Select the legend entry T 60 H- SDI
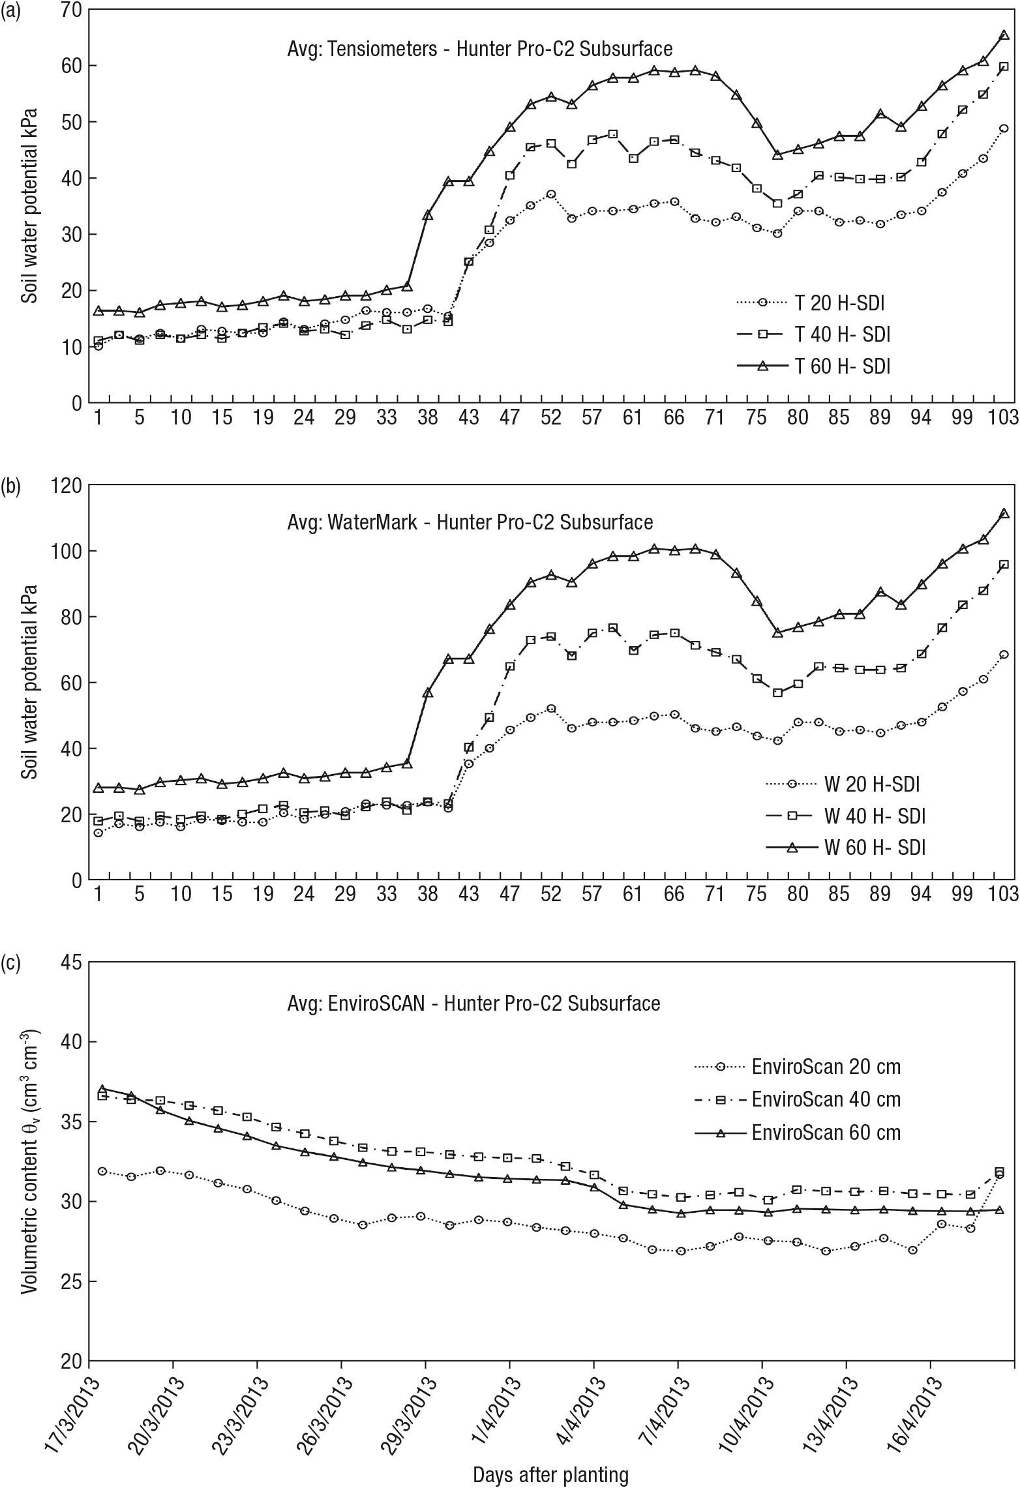813,366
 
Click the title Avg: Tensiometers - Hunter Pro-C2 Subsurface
480,49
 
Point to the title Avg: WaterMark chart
470,522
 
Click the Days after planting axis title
551,1475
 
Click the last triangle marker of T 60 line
1004,35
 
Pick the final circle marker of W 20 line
1004,654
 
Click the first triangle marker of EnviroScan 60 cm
102,1089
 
